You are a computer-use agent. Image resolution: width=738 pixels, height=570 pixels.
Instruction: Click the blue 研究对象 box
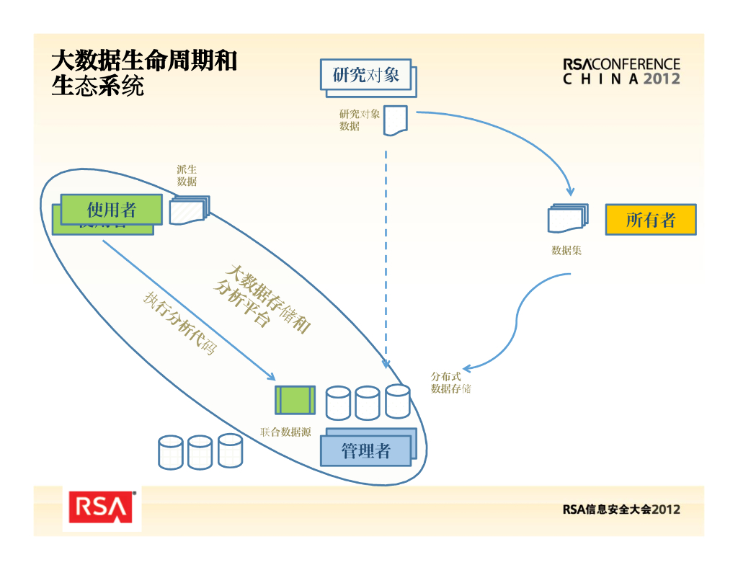coord(365,74)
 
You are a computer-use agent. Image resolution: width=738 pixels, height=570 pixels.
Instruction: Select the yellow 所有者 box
coord(650,220)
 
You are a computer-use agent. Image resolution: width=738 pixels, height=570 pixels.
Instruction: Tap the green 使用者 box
coord(111,209)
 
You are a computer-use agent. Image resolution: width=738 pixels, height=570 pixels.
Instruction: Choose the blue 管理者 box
coord(366,451)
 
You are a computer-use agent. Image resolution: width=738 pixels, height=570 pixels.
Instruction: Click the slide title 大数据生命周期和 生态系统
coord(143,73)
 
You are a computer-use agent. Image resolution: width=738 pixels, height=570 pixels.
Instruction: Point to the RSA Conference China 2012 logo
coord(621,71)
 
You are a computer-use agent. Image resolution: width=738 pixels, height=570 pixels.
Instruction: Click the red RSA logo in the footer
coord(102,507)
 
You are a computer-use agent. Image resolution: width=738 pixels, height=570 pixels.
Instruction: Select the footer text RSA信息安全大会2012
coord(621,509)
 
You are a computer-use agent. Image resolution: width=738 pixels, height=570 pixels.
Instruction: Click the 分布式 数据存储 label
coord(450,383)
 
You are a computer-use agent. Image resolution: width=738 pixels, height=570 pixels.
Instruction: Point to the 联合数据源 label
coord(285,432)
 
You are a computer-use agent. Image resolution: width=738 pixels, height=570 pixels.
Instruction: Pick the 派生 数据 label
coord(187,175)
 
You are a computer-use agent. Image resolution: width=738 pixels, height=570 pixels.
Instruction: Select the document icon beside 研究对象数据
coord(395,120)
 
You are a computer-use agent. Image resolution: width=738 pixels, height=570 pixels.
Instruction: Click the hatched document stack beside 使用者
coord(190,210)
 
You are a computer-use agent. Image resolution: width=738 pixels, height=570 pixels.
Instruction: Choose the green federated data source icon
coord(295,400)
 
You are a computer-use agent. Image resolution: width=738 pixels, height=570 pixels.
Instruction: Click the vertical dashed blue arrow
coord(386,252)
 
